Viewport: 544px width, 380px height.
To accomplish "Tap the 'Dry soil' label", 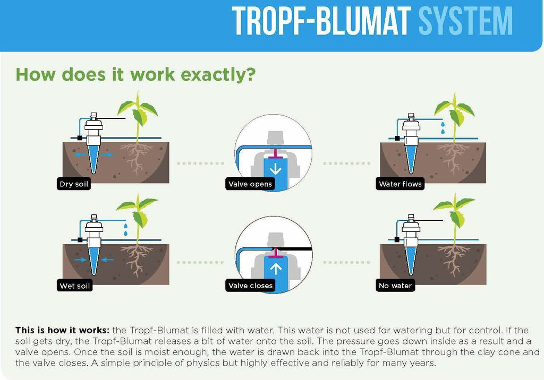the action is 74,184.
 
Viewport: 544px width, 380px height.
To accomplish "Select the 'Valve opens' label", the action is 250,184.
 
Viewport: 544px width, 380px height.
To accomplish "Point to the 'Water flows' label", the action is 400,184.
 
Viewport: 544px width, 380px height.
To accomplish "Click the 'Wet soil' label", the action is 74,286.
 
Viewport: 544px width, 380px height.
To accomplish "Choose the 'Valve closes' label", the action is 251,286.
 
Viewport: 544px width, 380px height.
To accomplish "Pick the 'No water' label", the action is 395,286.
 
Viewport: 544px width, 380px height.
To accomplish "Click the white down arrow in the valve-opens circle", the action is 276,168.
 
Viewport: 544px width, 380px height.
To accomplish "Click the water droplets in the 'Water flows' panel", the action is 443,127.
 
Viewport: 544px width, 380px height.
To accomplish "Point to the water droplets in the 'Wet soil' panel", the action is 125,229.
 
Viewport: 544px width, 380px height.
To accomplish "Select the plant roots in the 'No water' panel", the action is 453,260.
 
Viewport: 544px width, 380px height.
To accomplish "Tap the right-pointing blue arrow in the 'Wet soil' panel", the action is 80,260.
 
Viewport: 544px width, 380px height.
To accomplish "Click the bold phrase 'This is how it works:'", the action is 63,330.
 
